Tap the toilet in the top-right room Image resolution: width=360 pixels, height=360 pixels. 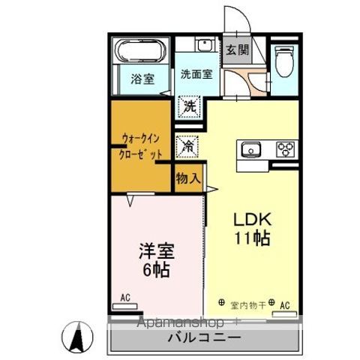tap(283, 61)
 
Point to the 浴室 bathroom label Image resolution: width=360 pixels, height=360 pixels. tap(142, 79)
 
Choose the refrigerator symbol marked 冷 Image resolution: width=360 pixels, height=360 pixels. tap(187, 145)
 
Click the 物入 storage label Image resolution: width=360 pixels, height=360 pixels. tap(187, 178)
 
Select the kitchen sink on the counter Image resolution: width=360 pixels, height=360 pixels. tap(250, 148)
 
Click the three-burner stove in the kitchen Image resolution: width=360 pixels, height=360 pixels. tap(286, 148)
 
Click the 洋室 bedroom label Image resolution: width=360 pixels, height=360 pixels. tap(155, 248)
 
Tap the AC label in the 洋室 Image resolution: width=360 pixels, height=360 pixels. tap(124, 297)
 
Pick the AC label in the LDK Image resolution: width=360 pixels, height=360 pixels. tap(284, 305)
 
